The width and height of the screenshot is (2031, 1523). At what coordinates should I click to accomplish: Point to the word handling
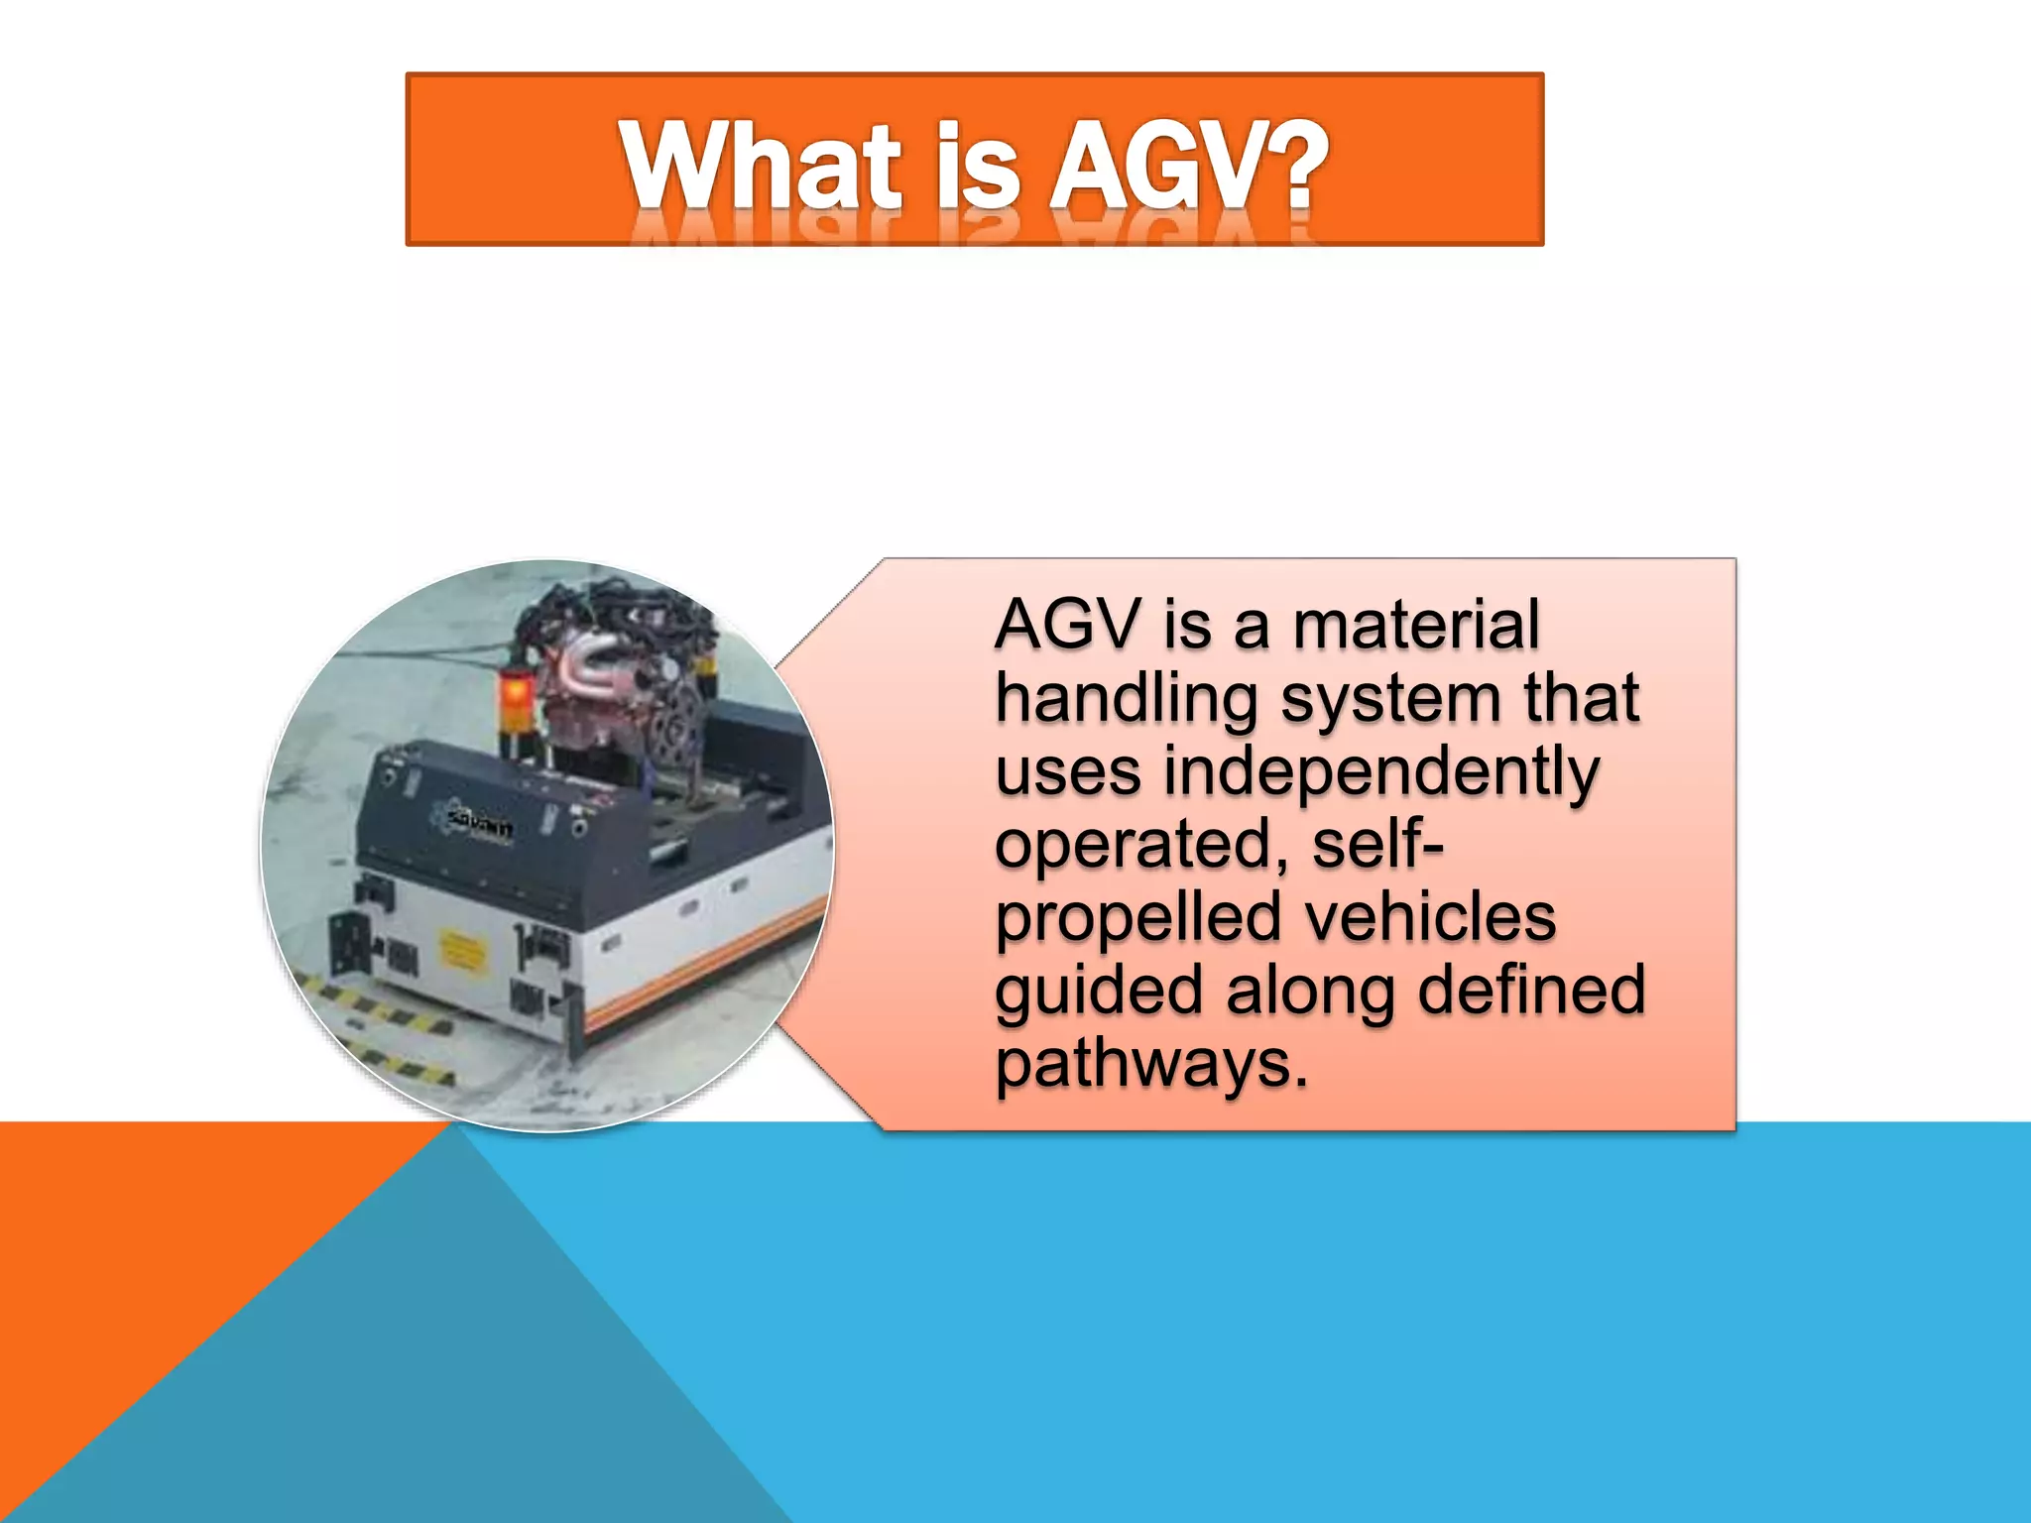click(x=1126, y=699)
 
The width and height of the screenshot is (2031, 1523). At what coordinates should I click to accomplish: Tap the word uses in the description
click(x=1067, y=774)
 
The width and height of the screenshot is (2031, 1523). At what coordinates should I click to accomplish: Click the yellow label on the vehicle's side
click(x=461, y=952)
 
